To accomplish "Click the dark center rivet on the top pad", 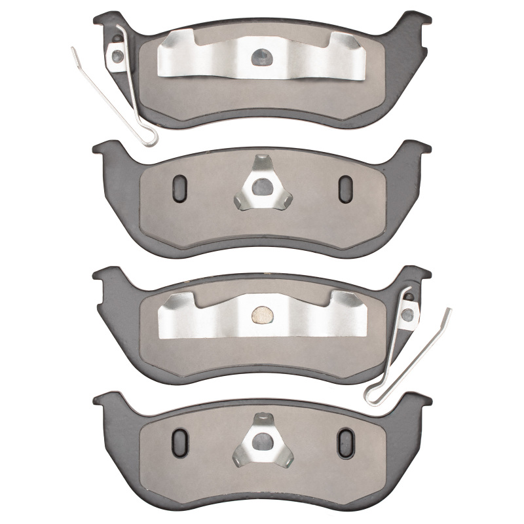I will click(261, 57).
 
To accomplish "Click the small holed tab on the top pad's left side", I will click(119, 54).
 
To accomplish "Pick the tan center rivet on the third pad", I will click(262, 316).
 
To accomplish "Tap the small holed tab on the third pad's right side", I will click(408, 314).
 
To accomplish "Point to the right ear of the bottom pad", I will click(420, 401).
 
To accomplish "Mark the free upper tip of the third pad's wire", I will click(449, 310).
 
